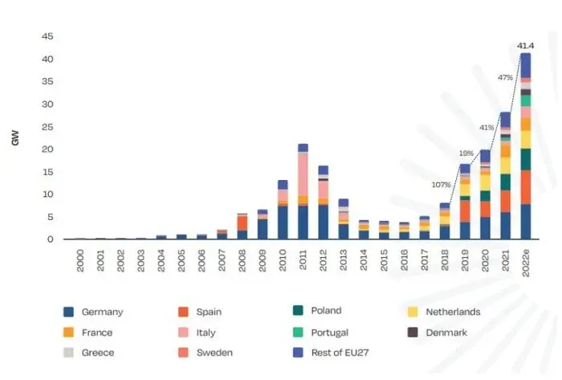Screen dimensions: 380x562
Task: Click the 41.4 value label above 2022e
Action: click(526, 45)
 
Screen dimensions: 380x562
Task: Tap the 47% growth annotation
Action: click(505, 78)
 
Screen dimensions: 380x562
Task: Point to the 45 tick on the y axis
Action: click(47, 37)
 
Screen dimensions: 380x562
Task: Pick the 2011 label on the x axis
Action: click(303, 260)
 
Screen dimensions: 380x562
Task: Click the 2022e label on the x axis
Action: click(526, 263)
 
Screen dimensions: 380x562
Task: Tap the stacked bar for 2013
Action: click(344, 219)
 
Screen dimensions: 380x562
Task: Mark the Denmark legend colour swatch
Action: click(413, 332)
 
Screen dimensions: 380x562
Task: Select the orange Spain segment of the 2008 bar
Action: click(242, 223)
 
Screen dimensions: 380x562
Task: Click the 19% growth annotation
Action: click(466, 153)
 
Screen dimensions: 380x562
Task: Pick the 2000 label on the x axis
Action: click(80, 260)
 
